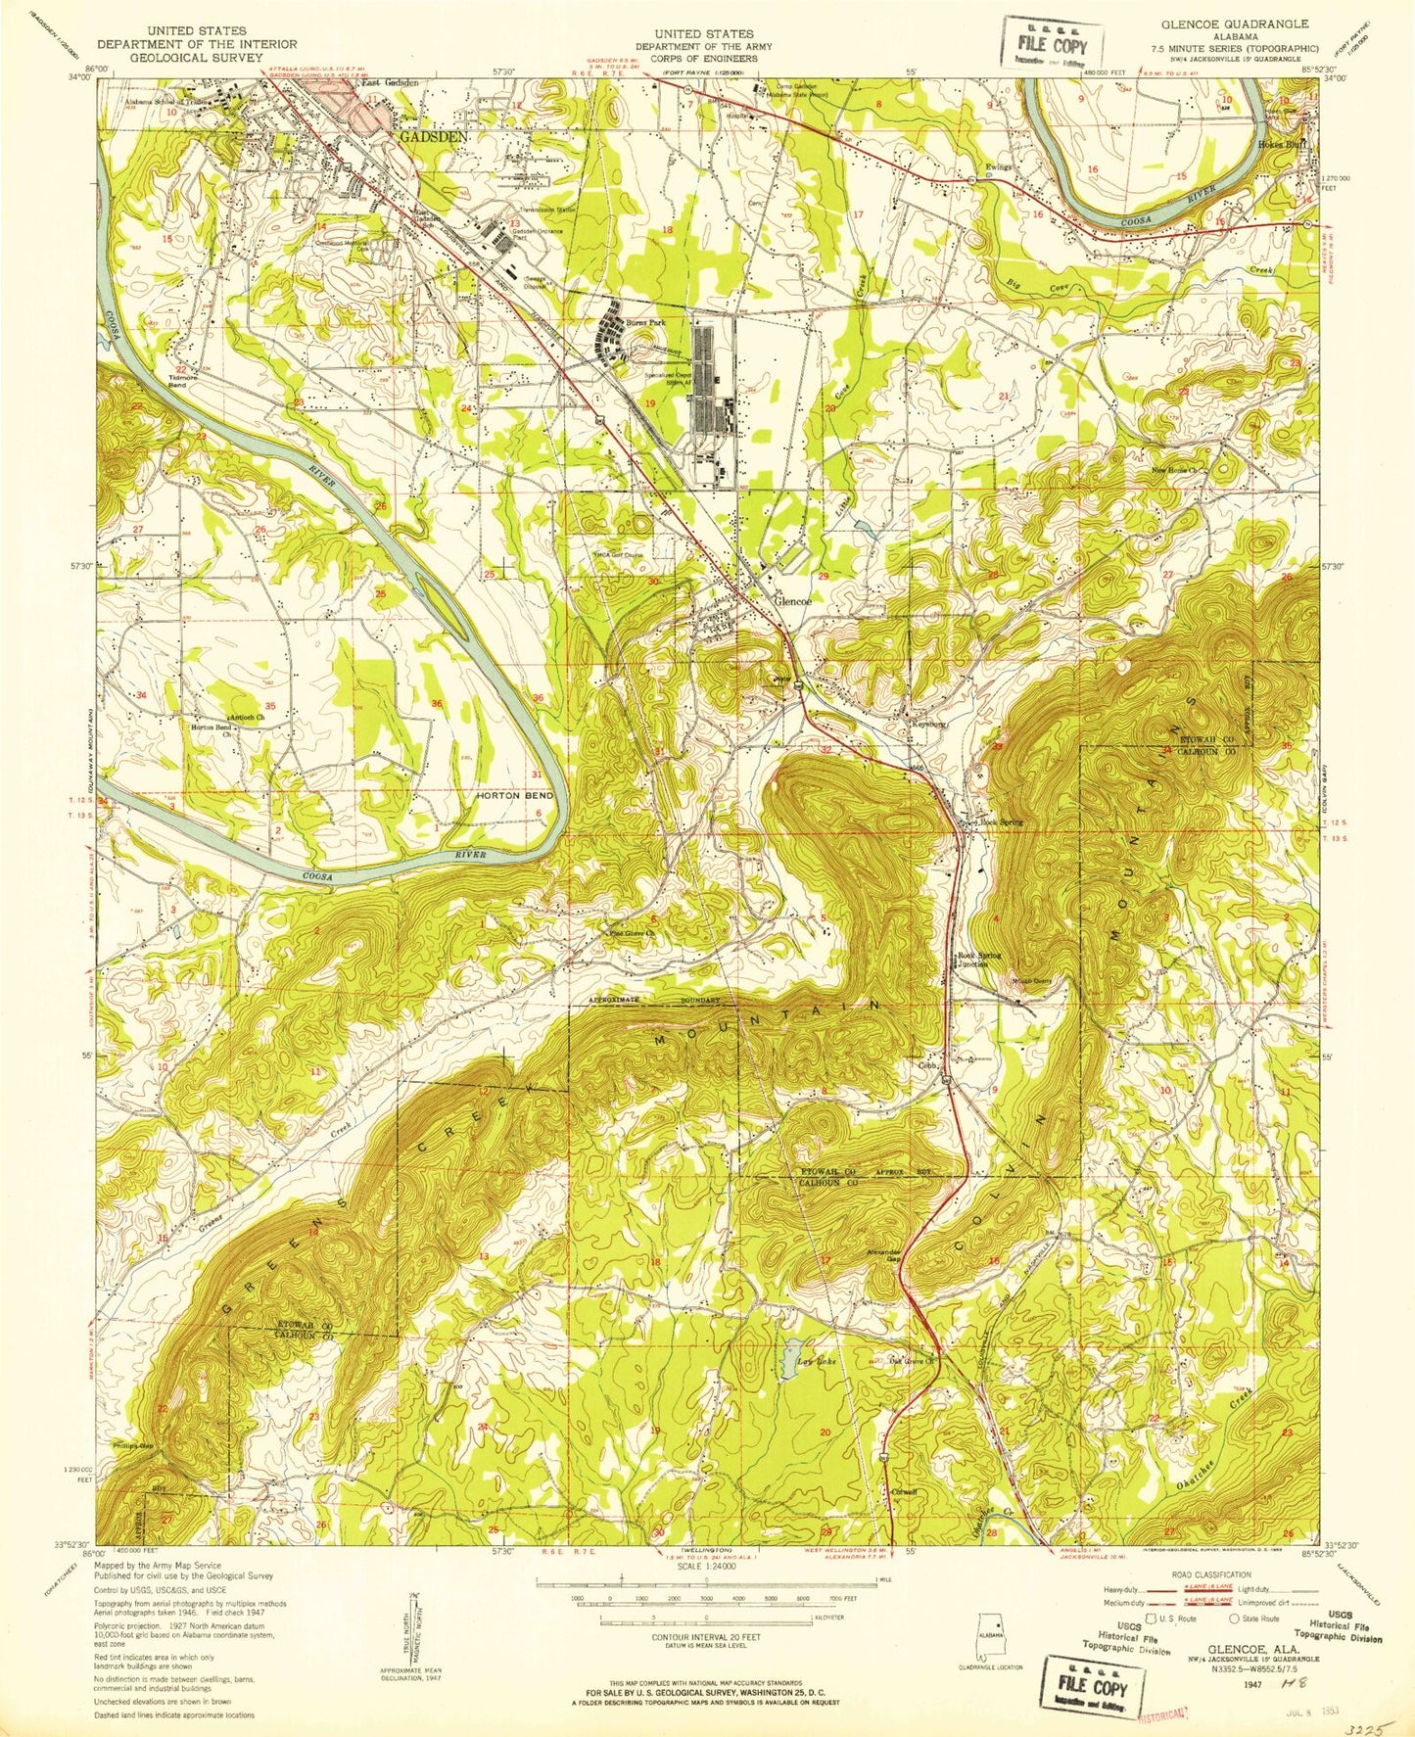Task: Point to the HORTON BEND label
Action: click(x=514, y=795)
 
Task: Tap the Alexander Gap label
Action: click(x=882, y=1256)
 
